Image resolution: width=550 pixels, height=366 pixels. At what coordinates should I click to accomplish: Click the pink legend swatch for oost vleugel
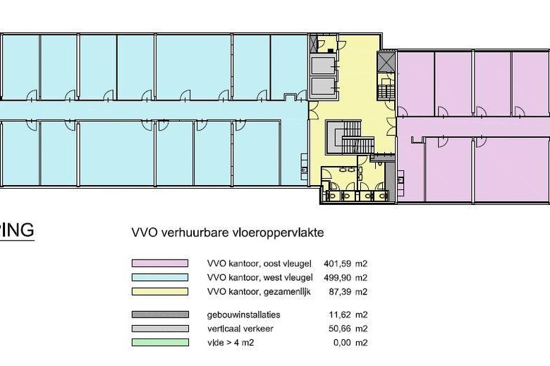click(160, 263)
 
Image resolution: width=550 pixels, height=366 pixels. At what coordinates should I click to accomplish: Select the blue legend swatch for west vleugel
click(160, 277)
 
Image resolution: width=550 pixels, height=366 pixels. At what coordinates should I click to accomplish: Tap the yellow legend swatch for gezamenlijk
click(160, 291)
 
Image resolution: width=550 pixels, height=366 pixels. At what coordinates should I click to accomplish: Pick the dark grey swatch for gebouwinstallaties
click(160, 315)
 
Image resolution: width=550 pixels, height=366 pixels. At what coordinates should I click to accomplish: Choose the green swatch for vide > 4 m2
click(160, 343)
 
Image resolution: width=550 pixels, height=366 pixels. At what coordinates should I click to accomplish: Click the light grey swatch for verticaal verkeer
click(160, 329)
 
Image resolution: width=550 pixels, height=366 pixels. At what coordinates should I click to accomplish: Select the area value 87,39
click(341, 292)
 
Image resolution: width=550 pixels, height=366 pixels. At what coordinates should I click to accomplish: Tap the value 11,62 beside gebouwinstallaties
click(340, 315)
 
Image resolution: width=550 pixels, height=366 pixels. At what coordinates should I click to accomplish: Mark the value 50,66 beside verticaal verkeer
click(340, 329)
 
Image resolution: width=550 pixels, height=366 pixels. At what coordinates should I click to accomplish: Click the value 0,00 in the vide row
click(343, 343)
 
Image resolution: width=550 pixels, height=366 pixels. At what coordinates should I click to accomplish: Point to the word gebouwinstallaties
click(243, 315)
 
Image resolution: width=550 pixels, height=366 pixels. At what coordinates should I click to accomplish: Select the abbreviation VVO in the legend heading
click(144, 232)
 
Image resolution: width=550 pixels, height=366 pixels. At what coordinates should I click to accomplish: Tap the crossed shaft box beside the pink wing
click(386, 62)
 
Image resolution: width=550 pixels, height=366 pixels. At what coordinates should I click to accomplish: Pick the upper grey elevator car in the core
click(323, 65)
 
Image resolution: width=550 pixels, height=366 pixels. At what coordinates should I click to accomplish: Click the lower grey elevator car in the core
click(323, 86)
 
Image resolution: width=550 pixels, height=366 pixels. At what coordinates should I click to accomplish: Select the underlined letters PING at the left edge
click(17, 230)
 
